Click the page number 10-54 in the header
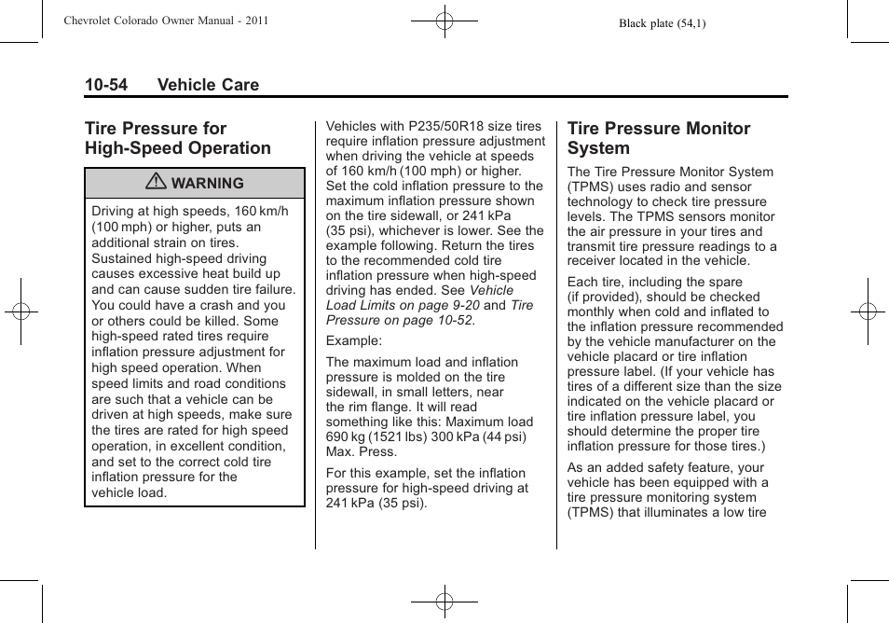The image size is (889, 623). tap(106, 85)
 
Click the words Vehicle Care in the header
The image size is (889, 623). tap(208, 85)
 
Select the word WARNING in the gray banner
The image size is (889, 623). tap(207, 184)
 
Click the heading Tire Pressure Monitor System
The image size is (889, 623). tap(658, 138)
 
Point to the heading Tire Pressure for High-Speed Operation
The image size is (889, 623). tap(177, 138)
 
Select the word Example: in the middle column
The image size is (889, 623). tap(353, 341)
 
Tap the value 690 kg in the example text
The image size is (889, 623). tap(347, 436)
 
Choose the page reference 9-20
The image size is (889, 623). tap(462, 305)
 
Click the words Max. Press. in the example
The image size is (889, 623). tap(362, 451)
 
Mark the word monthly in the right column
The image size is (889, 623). tap(593, 311)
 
